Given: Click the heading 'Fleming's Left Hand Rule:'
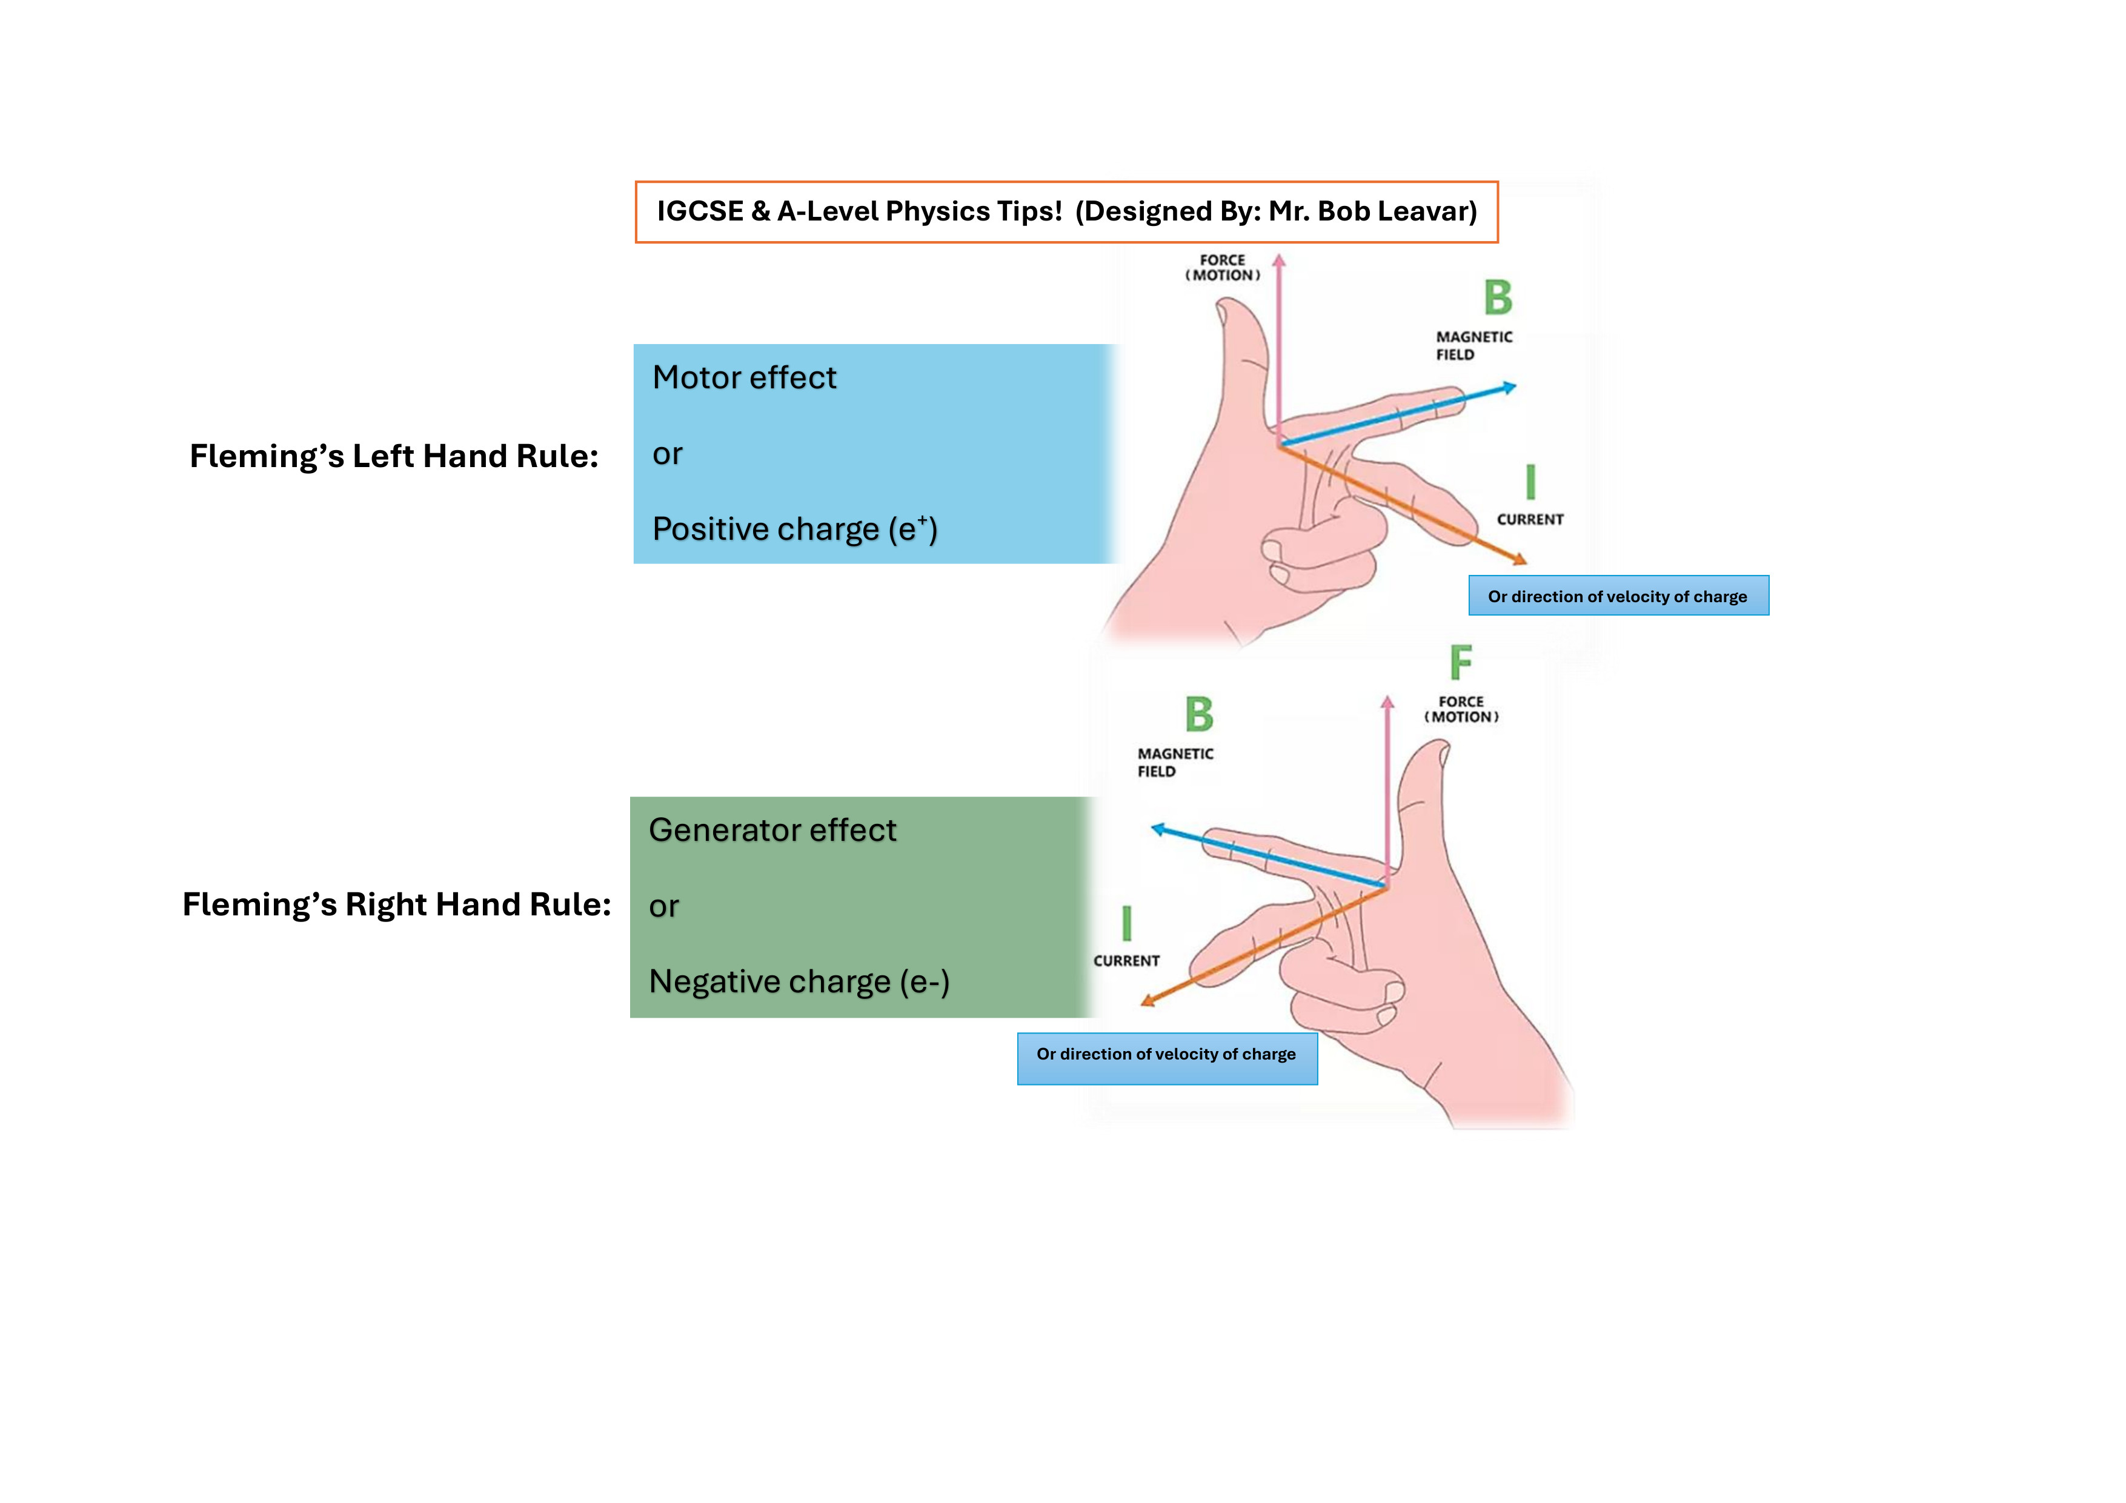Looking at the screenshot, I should tap(394, 457).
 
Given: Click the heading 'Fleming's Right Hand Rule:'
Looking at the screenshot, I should tap(396, 904).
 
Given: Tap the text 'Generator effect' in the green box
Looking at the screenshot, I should tap(772, 830).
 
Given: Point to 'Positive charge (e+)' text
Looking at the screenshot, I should tap(794, 529).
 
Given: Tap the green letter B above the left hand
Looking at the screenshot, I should tap(1497, 298).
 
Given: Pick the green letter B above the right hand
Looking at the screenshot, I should tap(1199, 715).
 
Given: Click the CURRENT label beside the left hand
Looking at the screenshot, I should tap(1530, 520).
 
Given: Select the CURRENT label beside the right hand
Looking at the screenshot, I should tap(1126, 961).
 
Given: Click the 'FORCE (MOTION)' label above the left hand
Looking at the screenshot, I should tap(1222, 268).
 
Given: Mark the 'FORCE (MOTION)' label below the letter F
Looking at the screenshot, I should tap(1461, 709).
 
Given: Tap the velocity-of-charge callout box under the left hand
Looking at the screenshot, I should tap(1618, 596).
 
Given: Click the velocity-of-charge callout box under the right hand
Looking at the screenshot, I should tap(1167, 1058).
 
